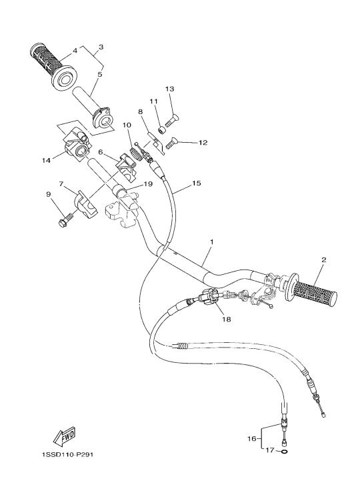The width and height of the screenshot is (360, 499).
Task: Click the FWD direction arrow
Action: [x=65, y=436]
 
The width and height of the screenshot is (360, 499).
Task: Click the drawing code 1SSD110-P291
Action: [x=67, y=454]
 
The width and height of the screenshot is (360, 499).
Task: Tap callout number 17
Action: [x=270, y=450]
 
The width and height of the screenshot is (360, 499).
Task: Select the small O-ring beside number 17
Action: [x=285, y=451]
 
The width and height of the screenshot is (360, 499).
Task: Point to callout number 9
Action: [x=49, y=194]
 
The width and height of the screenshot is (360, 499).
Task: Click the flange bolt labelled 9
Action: [x=66, y=220]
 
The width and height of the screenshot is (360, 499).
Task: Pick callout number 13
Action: [x=170, y=89]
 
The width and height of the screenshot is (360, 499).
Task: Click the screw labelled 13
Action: [x=172, y=121]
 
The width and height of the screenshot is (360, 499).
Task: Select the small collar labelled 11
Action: [x=162, y=130]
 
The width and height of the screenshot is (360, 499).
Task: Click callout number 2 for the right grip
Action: [x=324, y=260]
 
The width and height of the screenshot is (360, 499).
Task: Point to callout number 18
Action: [x=227, y=319]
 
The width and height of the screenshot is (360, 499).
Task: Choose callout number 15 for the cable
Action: [x=197, y=183]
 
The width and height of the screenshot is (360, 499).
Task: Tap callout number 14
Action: [x=46, y=160]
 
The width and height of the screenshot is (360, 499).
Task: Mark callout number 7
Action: [x=61, y=183]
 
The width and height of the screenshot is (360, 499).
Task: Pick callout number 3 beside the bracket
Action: [x=101, y=47]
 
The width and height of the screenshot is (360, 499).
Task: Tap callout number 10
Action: [x=127, y=125]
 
